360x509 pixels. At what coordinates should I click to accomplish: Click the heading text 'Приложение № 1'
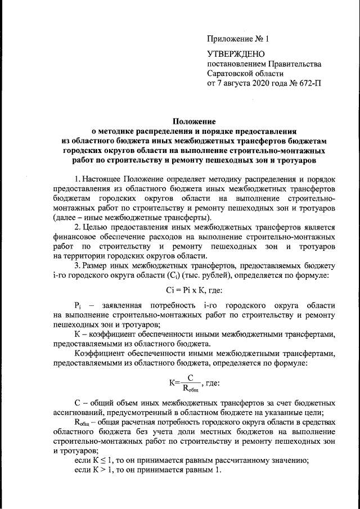pos(238,39)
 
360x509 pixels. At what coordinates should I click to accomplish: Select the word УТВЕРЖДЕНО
pos(236,54)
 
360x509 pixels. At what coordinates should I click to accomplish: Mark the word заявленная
pos(121,304)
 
